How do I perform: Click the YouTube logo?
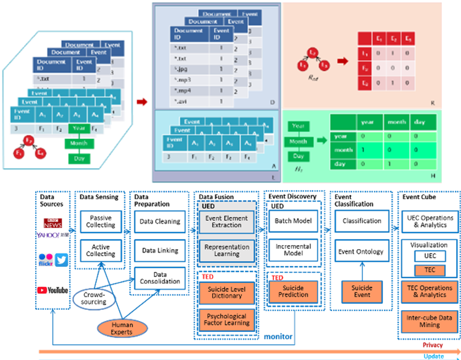pos(53,290)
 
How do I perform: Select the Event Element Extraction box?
pos(226,222)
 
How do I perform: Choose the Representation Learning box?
pos(226,250)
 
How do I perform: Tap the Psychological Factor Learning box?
pos(226,319)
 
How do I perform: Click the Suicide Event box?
pos(362,291)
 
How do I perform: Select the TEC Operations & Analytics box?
pos(429,291)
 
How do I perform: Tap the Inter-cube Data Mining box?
pos(429,321)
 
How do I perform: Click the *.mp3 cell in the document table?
pos(190,80)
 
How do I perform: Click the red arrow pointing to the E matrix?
pos(343,61)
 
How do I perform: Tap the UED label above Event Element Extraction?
pos(206,206)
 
